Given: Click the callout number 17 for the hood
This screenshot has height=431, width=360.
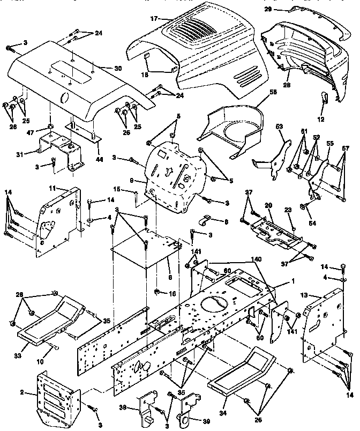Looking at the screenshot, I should coord(154,18).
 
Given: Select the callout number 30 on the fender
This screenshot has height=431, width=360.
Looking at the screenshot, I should coord(118,68).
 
